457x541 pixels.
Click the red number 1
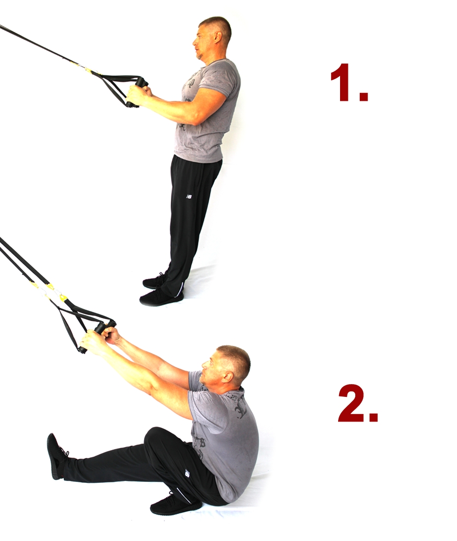tap(348, 83)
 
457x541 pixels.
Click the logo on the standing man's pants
tap(189, 197)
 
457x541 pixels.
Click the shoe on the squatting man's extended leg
tap(56, 455)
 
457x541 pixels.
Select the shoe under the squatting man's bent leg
tap(175, 503)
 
